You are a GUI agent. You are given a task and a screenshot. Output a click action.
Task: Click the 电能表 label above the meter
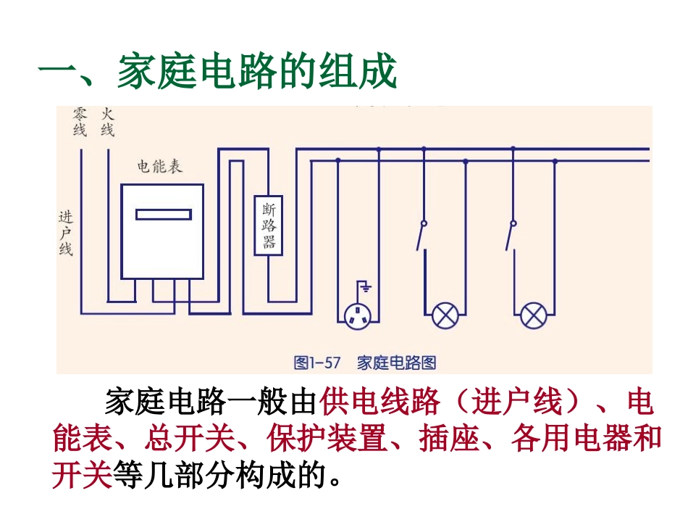(x=160, y=167)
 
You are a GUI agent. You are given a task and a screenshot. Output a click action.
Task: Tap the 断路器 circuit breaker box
(x=269, y=226)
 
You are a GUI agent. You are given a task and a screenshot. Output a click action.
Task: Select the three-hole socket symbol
(x=357, y=316)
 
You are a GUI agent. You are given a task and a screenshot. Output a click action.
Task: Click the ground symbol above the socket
(x=364, y=286)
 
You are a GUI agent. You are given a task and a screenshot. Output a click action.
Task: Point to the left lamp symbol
(x=445, y=315)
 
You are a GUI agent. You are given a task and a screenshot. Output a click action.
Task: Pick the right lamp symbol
(x=534, y=315)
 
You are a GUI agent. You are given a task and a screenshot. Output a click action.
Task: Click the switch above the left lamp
(x=421, y=236)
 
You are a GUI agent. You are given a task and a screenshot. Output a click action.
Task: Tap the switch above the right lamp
(x=511, y=236)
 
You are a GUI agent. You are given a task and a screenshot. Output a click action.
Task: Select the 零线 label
(x=80, y=122)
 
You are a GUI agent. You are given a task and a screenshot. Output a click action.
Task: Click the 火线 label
(x=107, y=122)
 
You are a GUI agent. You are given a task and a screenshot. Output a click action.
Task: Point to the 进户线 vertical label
(x=66, y=233)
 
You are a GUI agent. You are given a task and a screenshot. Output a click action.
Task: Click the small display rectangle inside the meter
(x=164, y=215)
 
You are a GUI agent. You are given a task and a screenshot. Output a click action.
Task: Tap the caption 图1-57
(x=317, y=363)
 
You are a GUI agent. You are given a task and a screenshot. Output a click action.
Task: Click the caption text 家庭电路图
(x=396, y=363)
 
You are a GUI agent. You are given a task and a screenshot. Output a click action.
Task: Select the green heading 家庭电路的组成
(x=256, y=72)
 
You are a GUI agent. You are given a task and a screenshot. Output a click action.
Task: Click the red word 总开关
(x=190, y=438)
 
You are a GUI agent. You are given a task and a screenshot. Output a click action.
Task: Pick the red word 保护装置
(x=327, y=438)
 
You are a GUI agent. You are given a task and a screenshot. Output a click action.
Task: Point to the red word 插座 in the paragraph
(x=449, y=438)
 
